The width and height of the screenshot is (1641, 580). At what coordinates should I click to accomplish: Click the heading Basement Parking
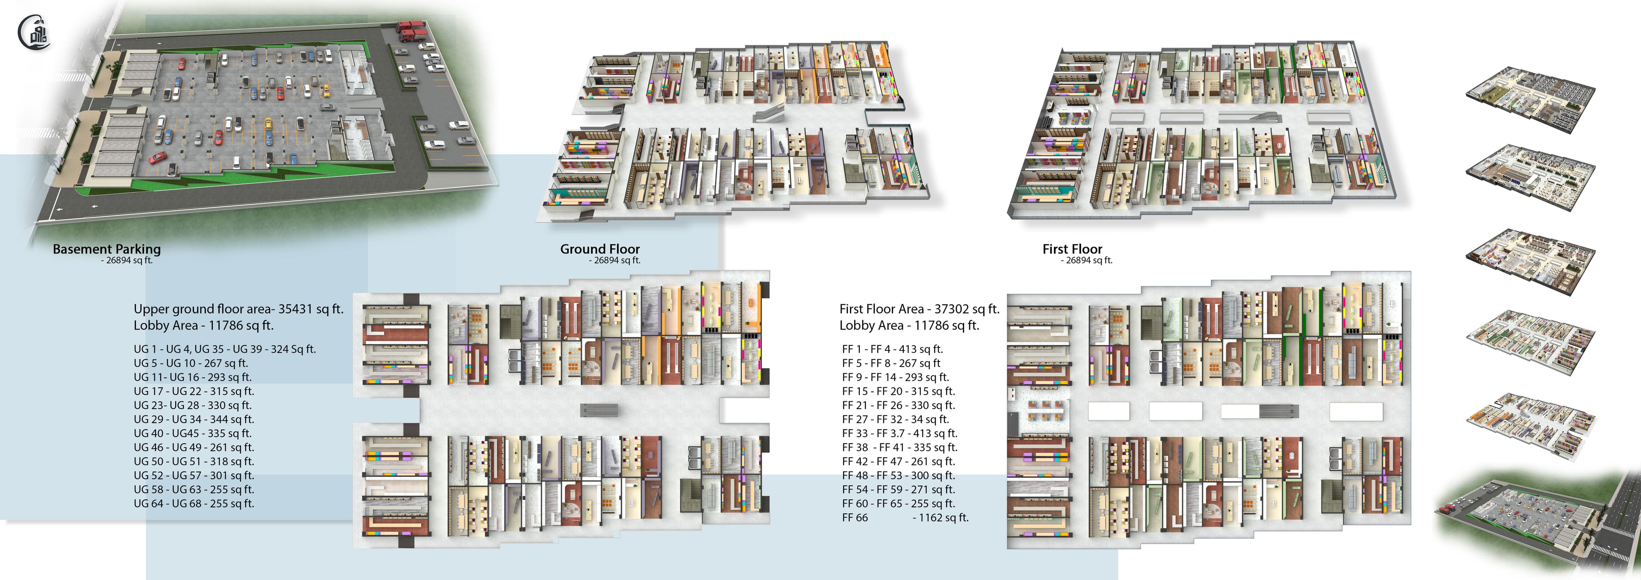click(106, 249)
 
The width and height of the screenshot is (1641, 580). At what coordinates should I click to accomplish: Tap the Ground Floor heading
click(600, 249)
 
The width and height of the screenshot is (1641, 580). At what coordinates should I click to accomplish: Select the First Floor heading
click(1072, 249)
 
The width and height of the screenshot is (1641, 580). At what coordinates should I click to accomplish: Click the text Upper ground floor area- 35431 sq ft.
click(238, 309)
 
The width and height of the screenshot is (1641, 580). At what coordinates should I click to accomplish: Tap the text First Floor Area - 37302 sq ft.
click(919, 309)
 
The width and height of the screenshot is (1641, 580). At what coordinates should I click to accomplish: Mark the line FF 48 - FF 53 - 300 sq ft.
click(898, 475)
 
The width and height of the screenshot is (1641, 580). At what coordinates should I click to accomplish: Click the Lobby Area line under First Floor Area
click(909, 326)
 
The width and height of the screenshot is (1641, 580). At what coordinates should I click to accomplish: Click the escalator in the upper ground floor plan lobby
click(599, 410)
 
